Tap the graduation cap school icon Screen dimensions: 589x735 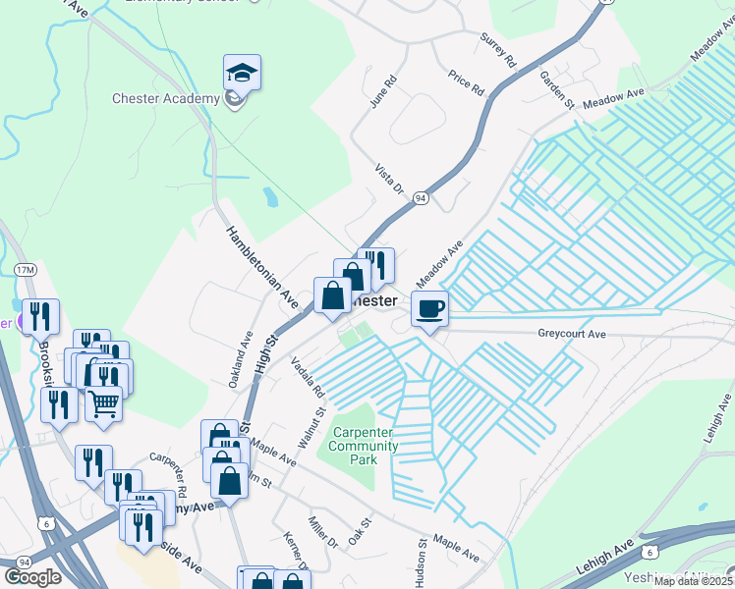tap(242, 74)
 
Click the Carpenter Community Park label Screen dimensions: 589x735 tap(365, 446)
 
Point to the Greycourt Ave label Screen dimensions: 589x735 tap(573, 334)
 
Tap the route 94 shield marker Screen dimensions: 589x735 tap(421, 197)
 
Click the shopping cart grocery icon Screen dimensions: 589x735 tap(103, 402)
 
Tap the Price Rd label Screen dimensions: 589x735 tap(466, 81)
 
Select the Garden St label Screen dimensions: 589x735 tap(555, 90)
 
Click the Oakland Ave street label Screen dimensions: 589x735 tap(241, 364)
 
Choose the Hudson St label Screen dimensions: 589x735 tap(421, 562)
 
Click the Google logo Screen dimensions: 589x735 tap(32, 577)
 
